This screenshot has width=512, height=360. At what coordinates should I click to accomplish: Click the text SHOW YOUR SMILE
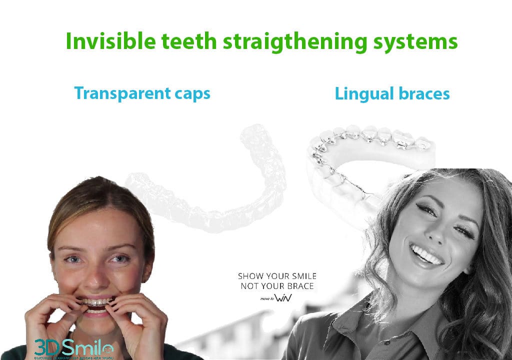277,276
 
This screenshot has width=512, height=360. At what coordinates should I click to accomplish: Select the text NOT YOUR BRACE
277,286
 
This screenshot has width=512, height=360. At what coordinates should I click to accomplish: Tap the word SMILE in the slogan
303,276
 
